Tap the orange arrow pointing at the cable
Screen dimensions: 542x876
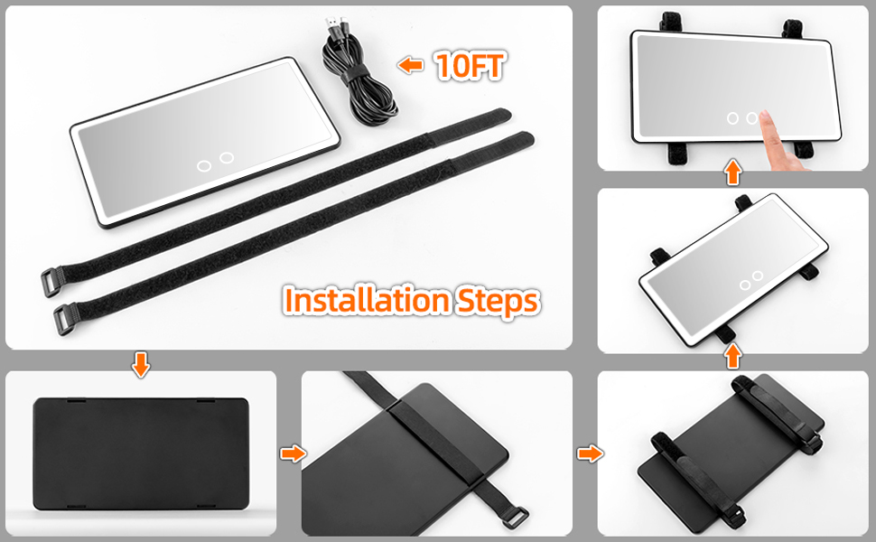[412, 65]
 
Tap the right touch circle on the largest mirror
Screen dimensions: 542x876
[226, 158]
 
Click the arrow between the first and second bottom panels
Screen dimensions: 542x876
[292, 453]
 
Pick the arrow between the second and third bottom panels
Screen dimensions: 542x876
[589, 453]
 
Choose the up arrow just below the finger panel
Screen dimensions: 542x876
[732, 172]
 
